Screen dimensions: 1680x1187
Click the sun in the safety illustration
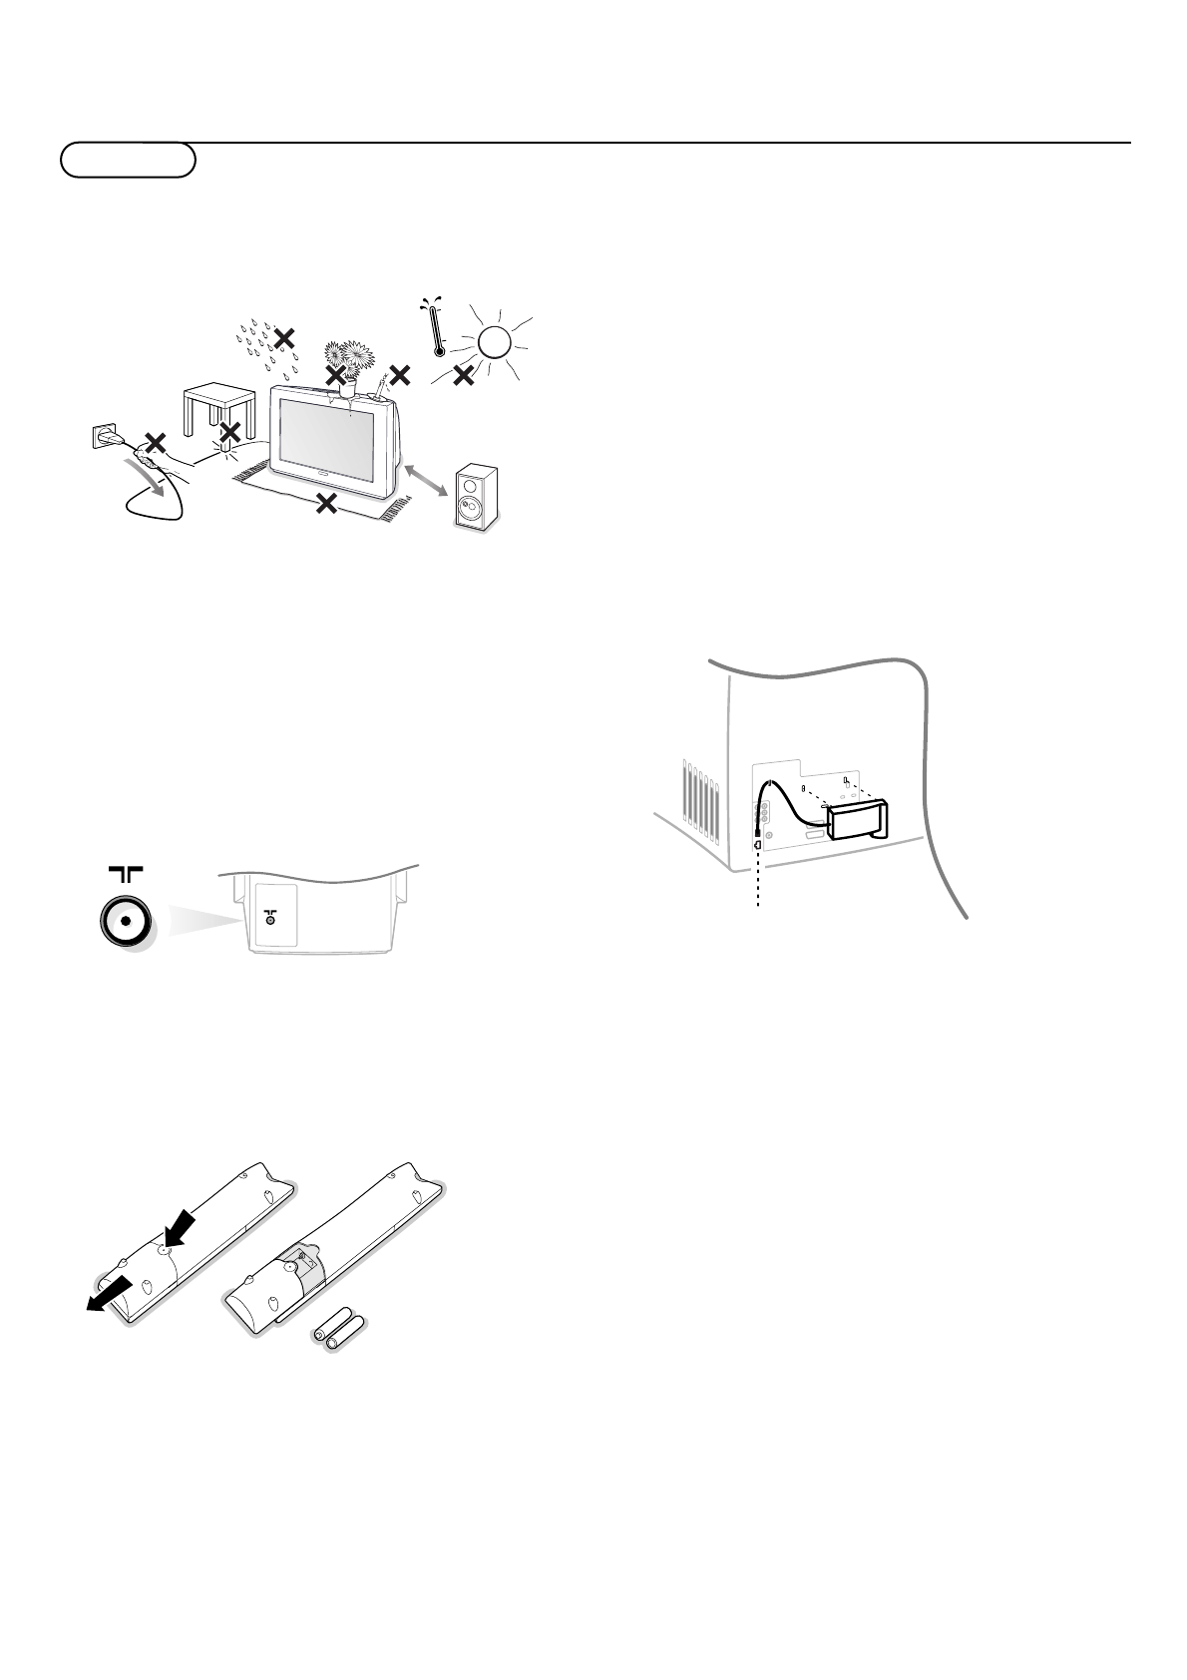[494, 343]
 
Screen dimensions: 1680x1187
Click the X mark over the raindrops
[284, 338]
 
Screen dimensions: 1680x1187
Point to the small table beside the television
[215, 413]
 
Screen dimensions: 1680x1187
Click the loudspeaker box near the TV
[476, 499]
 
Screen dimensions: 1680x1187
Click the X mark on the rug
[325, 504]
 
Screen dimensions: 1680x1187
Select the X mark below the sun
[463, 376]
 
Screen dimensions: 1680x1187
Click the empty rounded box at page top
[128, 160]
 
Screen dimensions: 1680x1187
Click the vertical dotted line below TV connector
[759, 878]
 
